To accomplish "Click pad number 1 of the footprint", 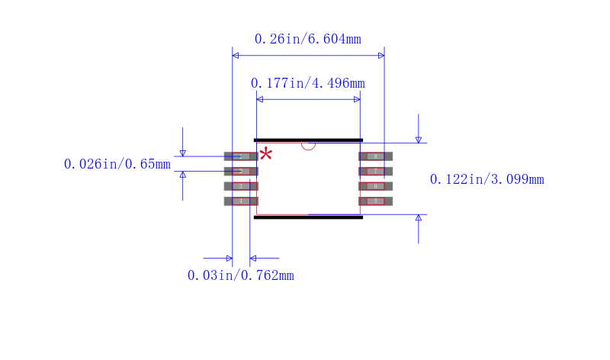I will click(x=241, y=156).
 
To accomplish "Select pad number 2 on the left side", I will click(x=241, y=171).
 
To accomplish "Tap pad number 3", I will click(x=241, y=186).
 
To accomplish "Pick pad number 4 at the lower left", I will click(x=241, y=201).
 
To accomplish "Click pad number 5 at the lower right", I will click(x=376, y=201).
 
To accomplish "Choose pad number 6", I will click(x=376, y=186).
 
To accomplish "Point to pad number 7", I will click(x=376, y=171).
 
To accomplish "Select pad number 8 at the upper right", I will click(x=376, y=156).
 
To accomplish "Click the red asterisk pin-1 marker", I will click(x=265, y=155).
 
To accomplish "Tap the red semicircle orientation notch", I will click(x=308, y=146).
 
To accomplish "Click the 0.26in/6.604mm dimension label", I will click(x=307, y=39).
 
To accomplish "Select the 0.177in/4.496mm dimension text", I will click(x=307, y=83).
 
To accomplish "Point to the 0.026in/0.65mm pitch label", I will click(x=117, y=164).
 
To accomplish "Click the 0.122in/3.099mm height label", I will click(x=486, y=179).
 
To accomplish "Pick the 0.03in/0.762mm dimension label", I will click(x=240, y=275).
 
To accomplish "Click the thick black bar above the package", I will click(x=308, y=140).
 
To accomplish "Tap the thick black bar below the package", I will click(x=308, y=217).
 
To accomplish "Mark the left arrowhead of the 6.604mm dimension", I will click(x=236, y=56).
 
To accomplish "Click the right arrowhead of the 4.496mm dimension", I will click(x=356, y=99).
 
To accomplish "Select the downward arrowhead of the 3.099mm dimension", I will click(x=418, y=140).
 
